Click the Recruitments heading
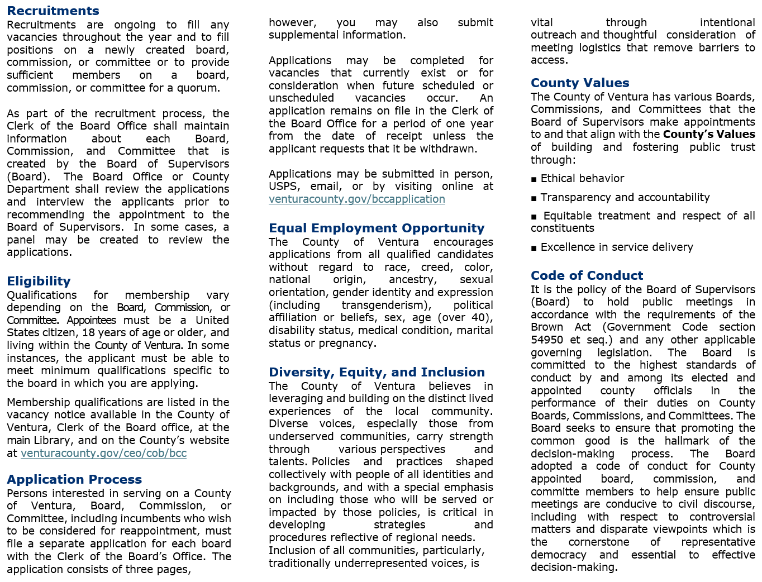53,11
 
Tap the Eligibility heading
39,282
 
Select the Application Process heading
74,480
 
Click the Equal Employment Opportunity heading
377,228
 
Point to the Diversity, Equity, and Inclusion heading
377,373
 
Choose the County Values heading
580,83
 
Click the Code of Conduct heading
587,276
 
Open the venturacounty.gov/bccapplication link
357,199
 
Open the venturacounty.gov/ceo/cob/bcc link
103,454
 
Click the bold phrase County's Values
709,135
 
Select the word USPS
283,187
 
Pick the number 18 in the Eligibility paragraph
88,333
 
